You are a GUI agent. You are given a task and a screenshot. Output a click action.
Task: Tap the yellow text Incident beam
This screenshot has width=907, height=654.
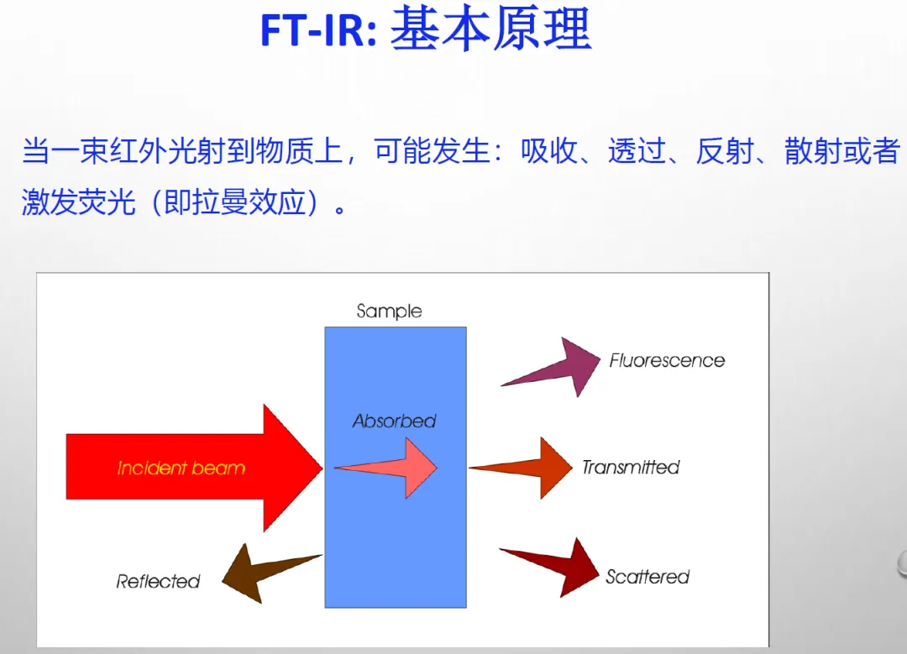click(181, 468)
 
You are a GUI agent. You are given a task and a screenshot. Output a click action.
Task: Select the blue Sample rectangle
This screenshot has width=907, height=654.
click(395, 537)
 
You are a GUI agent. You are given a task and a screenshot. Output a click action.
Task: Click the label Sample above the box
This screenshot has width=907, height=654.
click(389, 311)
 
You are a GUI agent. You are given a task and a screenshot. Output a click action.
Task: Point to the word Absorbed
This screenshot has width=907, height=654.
click(394, 421)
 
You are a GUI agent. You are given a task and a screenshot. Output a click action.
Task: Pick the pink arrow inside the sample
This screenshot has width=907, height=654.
click(395, 468)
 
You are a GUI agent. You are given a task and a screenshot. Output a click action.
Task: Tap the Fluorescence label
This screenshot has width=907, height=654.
click(667, 361)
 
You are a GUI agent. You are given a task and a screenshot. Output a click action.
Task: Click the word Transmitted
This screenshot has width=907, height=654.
click(631, 467)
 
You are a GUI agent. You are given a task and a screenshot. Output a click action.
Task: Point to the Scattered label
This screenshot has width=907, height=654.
click(647, 577)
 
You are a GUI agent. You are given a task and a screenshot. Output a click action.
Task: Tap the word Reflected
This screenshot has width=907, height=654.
click(158, 581)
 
